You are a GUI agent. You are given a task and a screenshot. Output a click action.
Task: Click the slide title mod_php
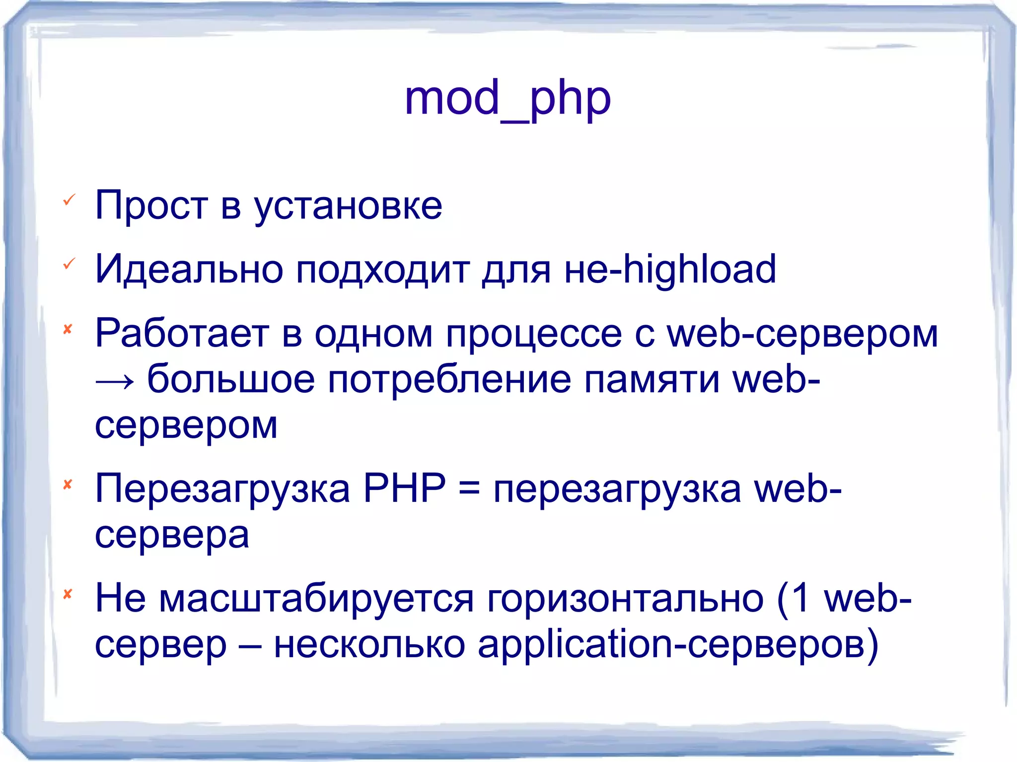pyautogui.click(x=508, y=99)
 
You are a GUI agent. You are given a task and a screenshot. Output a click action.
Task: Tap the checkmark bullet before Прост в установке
pyautogui.click(x=69, y=200)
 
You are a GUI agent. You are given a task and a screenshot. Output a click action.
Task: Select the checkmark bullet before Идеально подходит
pyautogui.click(x=69, y=264)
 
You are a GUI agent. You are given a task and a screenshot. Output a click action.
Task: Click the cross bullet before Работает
pyautogui.click(x=68, y=329)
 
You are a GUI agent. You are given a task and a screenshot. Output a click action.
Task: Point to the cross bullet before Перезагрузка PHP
pyautogui.click(x=68, y=484)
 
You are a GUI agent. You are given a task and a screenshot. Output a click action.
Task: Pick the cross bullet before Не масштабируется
pyautogui.click(x=68, y=593)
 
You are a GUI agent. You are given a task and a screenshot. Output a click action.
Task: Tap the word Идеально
pyautogui.click(x=189, y=270)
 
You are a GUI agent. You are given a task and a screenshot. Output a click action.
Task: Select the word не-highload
pyautogui.click(x=670, y=270)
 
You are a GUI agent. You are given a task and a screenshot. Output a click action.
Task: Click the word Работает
pyautogui.click(x=182, y=334)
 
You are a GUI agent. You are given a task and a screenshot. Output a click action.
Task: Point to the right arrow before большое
pyautogui.click(x=115, y=381)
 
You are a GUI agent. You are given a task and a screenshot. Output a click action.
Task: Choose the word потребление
pyautogui.click(x=449, y=380)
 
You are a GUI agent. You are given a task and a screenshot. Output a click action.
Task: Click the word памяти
pyautogui.click(x=652, y=380)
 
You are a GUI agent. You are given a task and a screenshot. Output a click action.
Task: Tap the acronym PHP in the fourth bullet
pyautogui.click(x=404, y=488)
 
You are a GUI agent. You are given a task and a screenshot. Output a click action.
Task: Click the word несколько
pyautogui.click(x=369, y=644)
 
